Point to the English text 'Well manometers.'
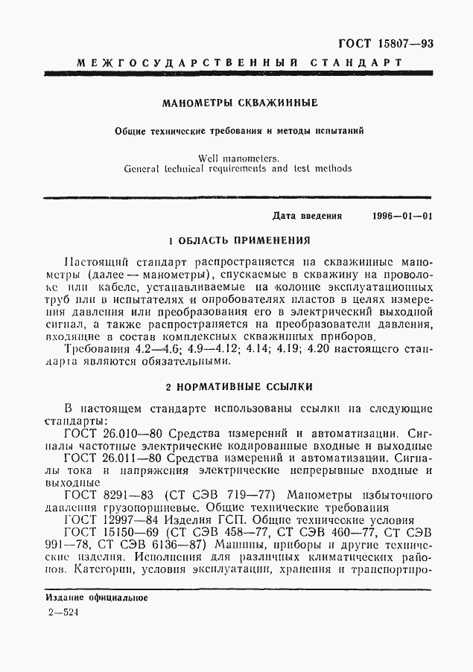(238, 157)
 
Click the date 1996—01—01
(401, 217)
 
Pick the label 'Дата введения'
(307, 217)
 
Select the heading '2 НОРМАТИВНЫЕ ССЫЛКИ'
(238, 387)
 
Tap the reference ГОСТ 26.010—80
(115, 432)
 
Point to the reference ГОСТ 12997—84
(112, 520)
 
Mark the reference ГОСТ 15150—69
(112, 533)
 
